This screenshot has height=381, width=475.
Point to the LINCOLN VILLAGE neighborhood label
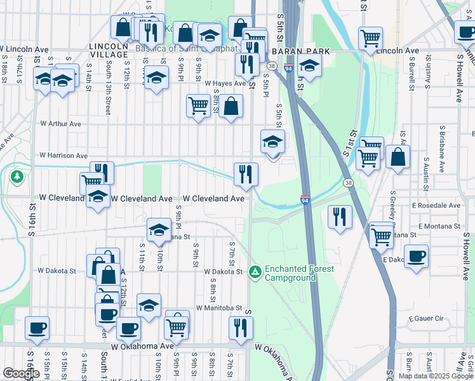(109, 51)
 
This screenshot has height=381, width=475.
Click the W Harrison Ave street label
(64, 155)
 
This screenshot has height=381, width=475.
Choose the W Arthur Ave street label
(61, 124)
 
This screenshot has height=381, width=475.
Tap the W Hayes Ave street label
(225, 83)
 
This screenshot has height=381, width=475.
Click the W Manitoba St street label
(219, 308)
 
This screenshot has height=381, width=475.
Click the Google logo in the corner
(21, 373)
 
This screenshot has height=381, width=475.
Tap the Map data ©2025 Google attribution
(436, 376)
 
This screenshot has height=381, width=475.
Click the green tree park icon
(17, 175)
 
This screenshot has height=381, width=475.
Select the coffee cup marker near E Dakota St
(416, 256)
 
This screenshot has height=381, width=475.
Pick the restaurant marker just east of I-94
(340, 217)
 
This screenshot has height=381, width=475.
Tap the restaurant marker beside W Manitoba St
(241, 327)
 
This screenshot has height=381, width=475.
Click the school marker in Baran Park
(309, 65)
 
